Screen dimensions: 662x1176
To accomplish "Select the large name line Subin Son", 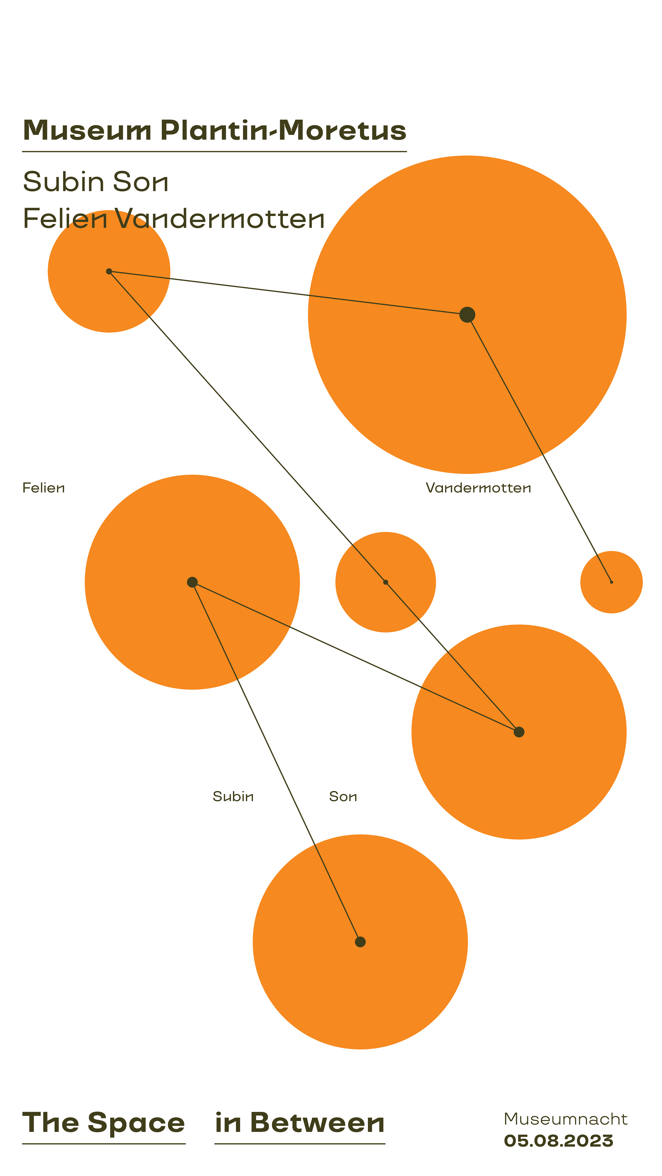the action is (96, 182).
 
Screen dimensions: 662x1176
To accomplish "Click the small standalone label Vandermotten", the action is (478, 488).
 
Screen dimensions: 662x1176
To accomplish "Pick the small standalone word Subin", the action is (233, 797).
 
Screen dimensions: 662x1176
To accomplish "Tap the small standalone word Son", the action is (343, 797).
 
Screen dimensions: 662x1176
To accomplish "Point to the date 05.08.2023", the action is (558, 1141).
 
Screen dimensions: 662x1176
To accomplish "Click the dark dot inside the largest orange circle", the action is (467, 315).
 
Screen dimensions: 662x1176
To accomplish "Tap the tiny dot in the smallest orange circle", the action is (611, 582).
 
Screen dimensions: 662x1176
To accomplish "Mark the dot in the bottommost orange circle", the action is (360, 942).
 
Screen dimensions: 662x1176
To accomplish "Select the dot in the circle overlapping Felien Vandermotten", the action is (109, 271).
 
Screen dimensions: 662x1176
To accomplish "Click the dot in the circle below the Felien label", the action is (192, 582).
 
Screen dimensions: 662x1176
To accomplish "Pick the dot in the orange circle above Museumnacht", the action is (519, 732).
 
